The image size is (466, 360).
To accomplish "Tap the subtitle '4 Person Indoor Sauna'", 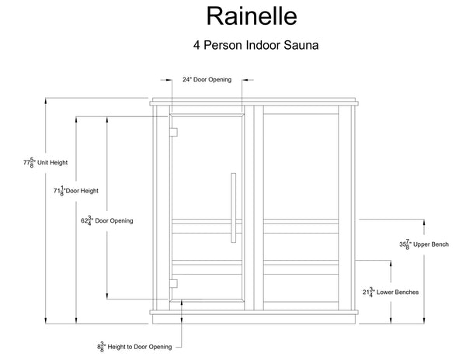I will (256, 45).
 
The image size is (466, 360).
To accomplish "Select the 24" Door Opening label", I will (202, 79).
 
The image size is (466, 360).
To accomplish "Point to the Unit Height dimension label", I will (46, 163).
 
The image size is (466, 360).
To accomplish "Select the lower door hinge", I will (174, 283).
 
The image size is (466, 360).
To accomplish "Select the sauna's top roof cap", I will (255, 101).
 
